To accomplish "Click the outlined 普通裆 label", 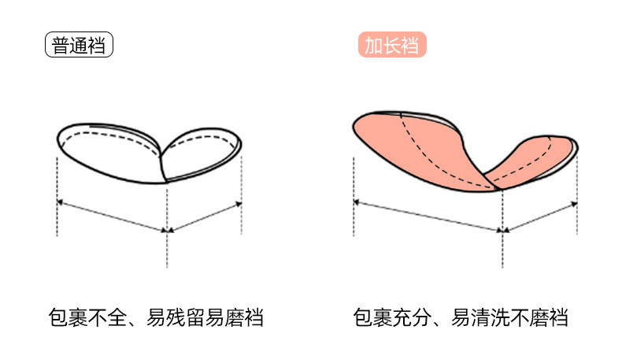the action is click(80, 45).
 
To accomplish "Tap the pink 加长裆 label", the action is click(392, 45).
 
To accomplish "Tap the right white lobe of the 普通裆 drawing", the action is click(203, 151).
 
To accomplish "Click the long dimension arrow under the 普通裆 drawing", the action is click(112, 217).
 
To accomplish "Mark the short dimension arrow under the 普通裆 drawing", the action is click(205, 217).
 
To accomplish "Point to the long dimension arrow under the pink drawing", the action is click(428, 217).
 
